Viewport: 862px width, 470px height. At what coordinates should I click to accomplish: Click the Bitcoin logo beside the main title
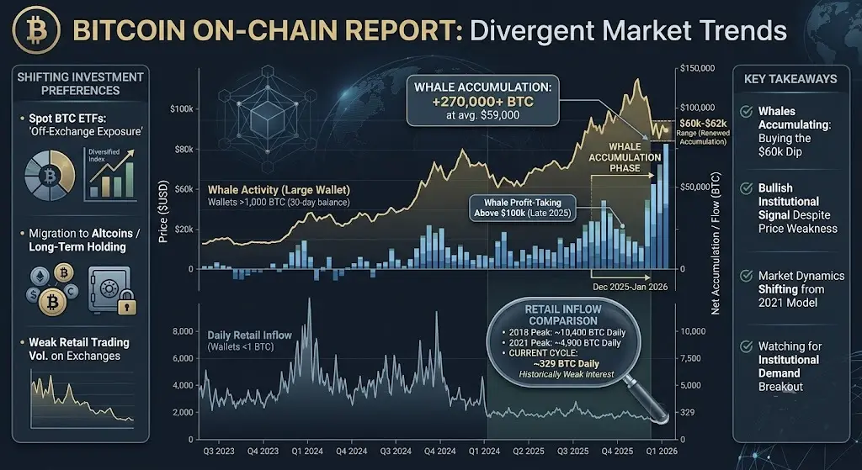coord(36,31)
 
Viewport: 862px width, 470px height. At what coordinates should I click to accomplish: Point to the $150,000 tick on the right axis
coord(697,69)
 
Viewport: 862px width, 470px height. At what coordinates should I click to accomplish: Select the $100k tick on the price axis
coord(182,108)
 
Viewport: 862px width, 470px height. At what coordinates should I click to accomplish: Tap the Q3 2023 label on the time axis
coord(218,452)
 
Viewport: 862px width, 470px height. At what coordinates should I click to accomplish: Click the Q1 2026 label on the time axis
coord(661,452)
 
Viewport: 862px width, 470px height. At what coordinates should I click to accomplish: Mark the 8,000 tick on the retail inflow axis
coord(182,331)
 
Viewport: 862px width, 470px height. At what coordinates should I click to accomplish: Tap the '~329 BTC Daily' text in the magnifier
coord(566,363)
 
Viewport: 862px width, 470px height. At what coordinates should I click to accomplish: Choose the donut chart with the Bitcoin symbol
coord(50,177)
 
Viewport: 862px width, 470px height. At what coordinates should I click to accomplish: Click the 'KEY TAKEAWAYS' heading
coord(790,79)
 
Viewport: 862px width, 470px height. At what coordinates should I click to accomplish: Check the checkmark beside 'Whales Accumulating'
coord(747,112)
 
